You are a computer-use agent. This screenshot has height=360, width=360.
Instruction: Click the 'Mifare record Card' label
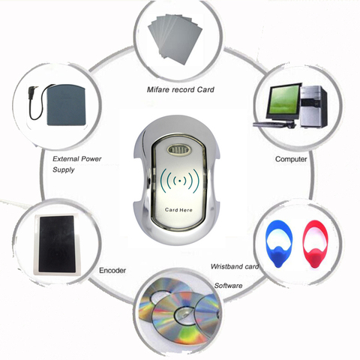(x=181, y=89)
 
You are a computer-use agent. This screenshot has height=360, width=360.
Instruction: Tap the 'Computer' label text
(x=291, y=159)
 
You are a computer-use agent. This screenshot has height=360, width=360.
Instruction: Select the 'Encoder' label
(x=112, y=270)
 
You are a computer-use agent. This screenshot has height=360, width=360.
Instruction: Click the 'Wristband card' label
(x=235, y=266)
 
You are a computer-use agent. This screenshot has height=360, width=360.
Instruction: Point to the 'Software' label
(x=229, y=286)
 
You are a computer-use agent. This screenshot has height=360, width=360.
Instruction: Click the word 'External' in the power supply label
(x=66, y=159)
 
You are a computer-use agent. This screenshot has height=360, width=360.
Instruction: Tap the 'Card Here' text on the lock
(x=178, y=210)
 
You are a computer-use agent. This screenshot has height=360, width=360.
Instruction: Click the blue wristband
(x=279, y=243)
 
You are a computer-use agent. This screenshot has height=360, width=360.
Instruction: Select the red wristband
(x=315, y=243)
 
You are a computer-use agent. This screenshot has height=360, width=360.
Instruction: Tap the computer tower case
(x=313, y=106)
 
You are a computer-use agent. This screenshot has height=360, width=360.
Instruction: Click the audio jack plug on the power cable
(x=32, y=93)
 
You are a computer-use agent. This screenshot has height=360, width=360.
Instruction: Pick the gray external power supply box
(x=66, y=105)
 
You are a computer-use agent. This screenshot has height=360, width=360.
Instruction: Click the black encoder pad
(x=57, y=244)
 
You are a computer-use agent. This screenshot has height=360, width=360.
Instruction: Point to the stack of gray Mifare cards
(x=175, y=40)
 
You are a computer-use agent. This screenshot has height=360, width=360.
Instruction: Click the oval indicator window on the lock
(x=178, y=150)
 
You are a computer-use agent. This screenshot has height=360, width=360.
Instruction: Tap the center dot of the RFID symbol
(x=180, y=181)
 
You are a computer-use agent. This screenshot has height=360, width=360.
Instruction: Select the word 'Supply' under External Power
(x=64, y=170)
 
